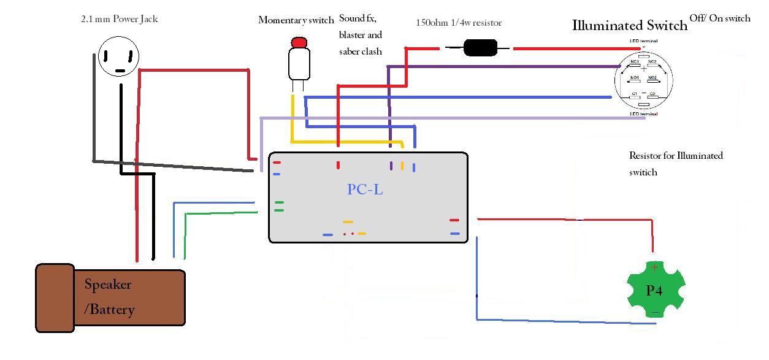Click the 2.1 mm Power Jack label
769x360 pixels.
[120, 19]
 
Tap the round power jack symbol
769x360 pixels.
[119, 56]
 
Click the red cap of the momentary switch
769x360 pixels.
[299, 43]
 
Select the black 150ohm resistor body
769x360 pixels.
[480, 48]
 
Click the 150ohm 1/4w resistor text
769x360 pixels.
[459, 23]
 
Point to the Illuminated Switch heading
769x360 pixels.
[630, 26]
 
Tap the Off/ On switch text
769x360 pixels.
[720, 18]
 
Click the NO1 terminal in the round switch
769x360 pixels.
[635, 78]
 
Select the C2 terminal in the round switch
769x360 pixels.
[652, 94]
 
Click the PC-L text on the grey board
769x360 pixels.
[365, 190]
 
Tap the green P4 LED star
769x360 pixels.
[655, 289]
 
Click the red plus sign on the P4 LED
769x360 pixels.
[654, 267]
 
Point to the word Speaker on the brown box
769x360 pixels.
[108, 285]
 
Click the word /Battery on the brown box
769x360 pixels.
[109, 309]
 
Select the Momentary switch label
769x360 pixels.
[296, 20]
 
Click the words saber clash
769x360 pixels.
[361, 52]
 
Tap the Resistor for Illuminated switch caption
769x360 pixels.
[676, 163]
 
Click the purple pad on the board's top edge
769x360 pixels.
[391, 166]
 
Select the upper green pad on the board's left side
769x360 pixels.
[279, 202]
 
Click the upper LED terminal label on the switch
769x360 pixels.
[644, 41]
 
